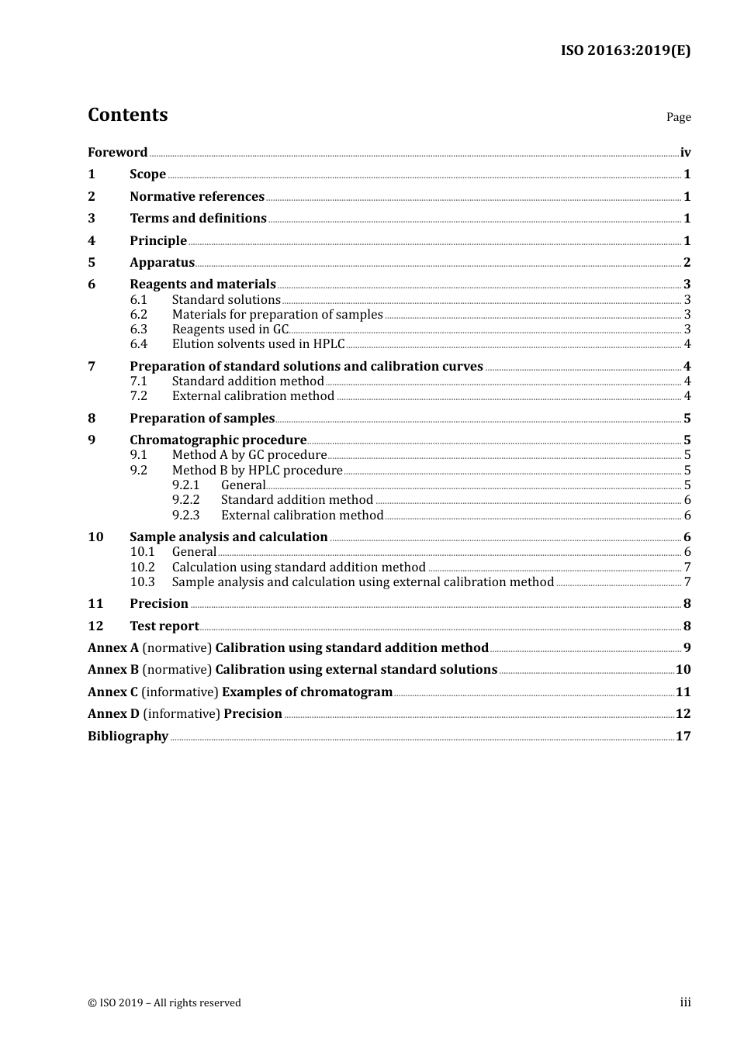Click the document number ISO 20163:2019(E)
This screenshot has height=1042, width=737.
625,50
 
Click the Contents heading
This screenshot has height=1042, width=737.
127,115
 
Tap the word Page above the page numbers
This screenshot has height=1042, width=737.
678,117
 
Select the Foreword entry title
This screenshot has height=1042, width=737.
117,153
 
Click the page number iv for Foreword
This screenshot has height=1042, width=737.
685,153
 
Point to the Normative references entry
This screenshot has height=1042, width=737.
197,197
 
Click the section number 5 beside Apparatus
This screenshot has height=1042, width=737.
92,263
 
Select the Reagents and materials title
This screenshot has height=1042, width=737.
202,285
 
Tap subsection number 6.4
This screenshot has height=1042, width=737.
138,344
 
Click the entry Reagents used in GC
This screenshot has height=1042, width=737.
230,330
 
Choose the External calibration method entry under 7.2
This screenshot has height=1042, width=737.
253,396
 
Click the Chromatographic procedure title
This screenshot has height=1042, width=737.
218,440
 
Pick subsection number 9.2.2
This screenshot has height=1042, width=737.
185,500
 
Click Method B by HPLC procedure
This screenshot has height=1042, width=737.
257,471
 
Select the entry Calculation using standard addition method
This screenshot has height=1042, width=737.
299,568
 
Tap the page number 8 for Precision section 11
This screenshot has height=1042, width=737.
687,604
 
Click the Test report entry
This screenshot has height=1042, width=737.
164,626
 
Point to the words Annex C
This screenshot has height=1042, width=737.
112,692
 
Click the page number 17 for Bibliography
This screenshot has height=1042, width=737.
683,737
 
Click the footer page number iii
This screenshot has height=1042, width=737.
685,1002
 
